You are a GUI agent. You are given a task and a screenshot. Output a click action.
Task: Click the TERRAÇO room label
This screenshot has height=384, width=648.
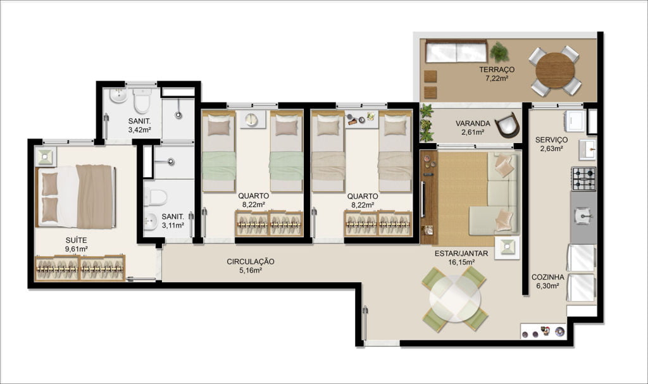coord(497,70)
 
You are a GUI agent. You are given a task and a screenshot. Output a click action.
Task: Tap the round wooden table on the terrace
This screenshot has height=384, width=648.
coord(555,70)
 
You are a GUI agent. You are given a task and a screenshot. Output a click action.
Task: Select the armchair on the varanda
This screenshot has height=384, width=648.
coord(507,125)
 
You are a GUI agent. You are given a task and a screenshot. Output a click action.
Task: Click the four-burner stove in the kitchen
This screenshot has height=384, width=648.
coord(583,178)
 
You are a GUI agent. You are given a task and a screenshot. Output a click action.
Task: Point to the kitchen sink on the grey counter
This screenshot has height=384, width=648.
coord(583,215)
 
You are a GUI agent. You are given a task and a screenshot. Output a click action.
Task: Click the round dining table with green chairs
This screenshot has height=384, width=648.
coord(454,299)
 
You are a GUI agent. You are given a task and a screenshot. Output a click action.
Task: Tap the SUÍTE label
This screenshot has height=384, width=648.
coord(76,240)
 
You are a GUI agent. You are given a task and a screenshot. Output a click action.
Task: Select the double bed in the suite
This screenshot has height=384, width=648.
coord(76,196)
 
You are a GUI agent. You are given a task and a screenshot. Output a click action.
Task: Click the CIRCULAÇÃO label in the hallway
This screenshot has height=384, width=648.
coord(251,262)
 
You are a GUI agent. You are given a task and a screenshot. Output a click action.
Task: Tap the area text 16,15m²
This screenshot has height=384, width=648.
coord(461,262)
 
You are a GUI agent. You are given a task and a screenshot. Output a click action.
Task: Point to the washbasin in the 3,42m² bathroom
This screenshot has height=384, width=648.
coord(118,96)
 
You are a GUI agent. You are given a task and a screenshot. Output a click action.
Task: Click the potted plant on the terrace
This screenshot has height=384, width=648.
coord(499,52)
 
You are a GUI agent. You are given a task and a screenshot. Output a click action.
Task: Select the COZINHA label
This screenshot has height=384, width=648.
coord(547,277)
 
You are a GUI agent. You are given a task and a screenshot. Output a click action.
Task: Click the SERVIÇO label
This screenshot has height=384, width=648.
coord(551,140)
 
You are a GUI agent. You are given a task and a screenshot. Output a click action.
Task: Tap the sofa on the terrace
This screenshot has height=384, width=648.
coord(456,51)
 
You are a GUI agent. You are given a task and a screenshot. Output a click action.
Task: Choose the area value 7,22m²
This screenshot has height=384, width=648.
coord(497,78)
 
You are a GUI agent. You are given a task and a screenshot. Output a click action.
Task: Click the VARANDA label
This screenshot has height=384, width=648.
coord(473,123)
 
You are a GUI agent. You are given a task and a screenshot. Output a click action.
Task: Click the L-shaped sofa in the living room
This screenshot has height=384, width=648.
coord(496,194)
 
